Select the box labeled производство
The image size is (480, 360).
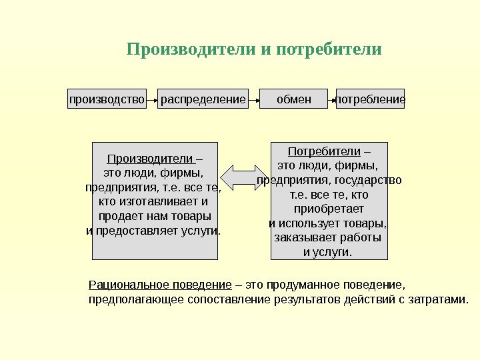pyautogui.click(x=107, y=99)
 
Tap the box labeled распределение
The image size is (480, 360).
pyautogui.click(x=203, y=99)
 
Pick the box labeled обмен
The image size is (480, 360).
pyautogui.click(x=293, y=99)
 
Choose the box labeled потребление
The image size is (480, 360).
pyautogui.click(x=370, y=99)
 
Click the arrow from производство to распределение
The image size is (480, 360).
pyautogui.click(x=151, y=99)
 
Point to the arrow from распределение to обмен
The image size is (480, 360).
pyautogui.click(x=253, y=99)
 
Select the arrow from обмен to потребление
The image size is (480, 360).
pyautogui.click(x=332, y=99)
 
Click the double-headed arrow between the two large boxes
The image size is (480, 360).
pyautogui.click(x=244, y=178)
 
